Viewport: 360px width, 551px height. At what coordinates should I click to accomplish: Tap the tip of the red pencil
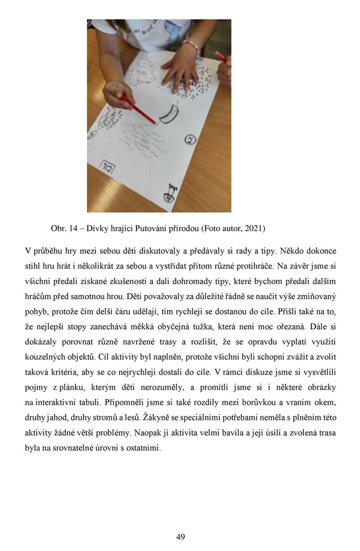155,124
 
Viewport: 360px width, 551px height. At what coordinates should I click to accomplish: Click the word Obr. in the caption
58,228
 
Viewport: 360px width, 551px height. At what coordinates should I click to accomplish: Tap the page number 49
180,537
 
